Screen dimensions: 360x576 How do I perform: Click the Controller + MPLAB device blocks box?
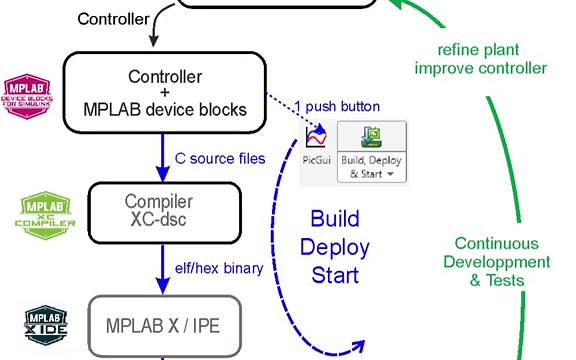click(x=164, y=92)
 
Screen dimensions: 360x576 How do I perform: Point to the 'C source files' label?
click(x=220, y=158)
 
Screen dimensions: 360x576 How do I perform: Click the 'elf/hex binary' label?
click(x=220, y=268)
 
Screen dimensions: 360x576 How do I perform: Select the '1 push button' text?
click(x=337, y=106)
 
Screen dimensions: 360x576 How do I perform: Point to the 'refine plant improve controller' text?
click(x=491, y=59)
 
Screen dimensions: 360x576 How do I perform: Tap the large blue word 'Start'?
click(x=334, y=274)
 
